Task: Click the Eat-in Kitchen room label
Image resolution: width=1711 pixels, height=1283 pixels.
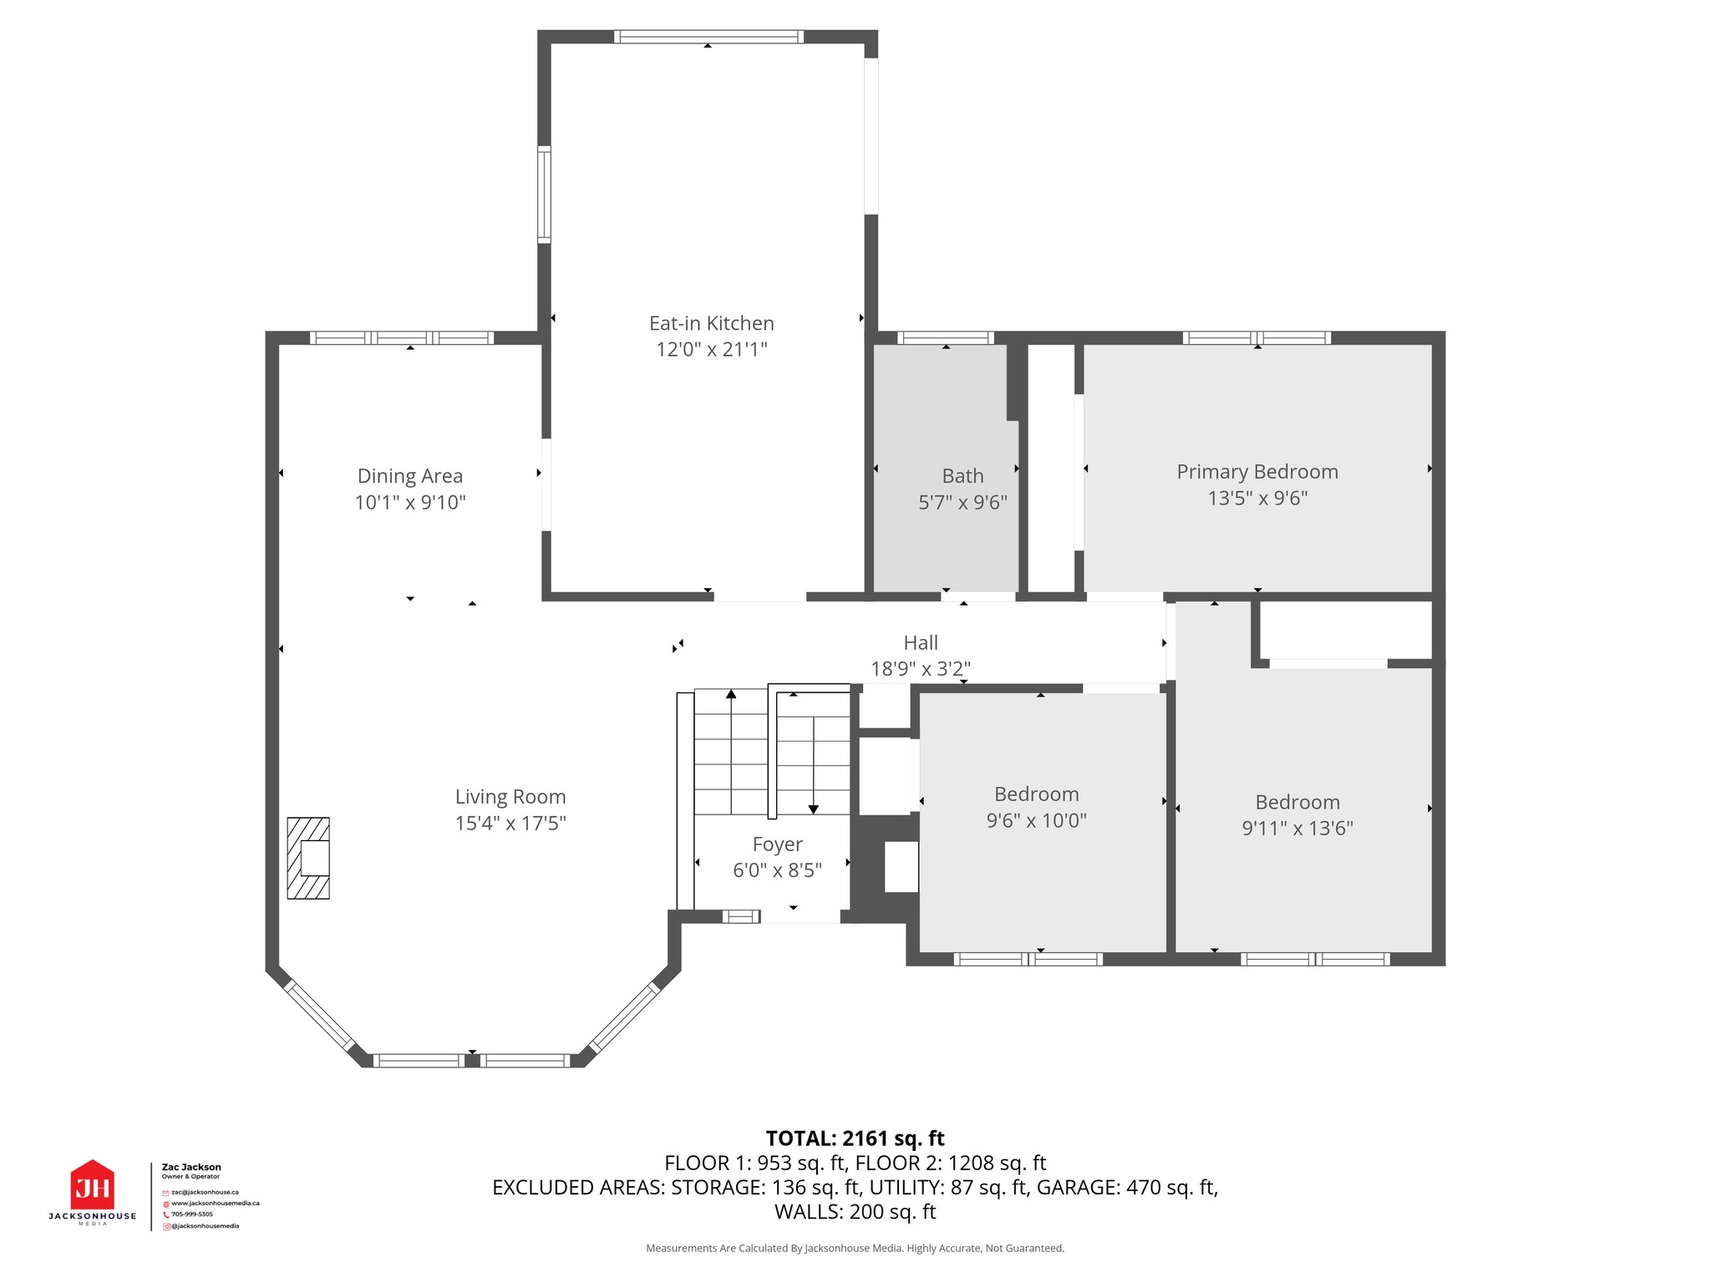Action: [711, 323]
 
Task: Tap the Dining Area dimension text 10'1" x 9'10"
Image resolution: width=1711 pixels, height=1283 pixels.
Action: [410, 502]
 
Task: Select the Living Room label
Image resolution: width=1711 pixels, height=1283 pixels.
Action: [510, 797]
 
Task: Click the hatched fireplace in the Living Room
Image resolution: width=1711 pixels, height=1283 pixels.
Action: [308, 858]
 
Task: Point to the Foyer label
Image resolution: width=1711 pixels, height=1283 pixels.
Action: [777, 844]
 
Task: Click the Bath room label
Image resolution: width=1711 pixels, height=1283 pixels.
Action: [962, 476]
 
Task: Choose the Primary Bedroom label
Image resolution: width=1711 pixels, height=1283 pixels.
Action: [1257, 472]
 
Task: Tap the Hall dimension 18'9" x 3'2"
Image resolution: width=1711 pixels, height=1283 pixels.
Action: [921, 668]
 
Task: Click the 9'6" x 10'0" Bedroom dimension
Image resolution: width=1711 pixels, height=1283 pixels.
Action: [1036, 820]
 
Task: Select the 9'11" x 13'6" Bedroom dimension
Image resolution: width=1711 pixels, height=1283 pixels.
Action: [1297, 828]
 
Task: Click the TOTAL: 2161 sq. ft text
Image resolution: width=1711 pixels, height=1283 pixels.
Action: [855, 1138]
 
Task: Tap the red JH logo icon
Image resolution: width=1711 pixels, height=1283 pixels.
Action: [92, 1184]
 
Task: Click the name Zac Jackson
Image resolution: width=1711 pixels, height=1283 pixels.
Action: [191, 1167]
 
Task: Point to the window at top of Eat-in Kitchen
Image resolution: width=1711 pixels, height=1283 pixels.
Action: [708, 37]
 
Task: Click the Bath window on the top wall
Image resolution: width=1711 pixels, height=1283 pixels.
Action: [946, 338]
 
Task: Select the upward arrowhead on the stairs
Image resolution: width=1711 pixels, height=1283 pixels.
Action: [731, 694]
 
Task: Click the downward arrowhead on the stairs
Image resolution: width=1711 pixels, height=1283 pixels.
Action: [813, 809]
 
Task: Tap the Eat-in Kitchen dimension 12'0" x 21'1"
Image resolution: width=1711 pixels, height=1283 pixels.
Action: [711, 349]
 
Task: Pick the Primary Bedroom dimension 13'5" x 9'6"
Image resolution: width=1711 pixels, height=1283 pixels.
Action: [1257, 498]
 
